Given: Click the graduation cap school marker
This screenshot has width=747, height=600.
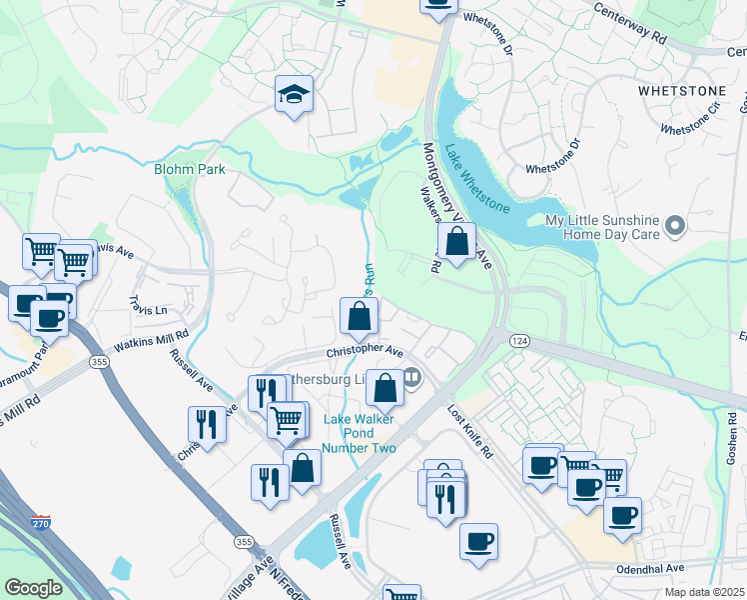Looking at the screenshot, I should point(294,94).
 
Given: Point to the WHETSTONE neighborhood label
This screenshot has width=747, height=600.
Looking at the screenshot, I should point(680,91).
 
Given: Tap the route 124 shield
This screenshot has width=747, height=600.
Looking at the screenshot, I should point(520,340).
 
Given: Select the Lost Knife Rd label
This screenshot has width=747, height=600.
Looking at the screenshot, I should point(469,432).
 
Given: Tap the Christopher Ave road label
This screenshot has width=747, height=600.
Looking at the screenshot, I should point(366,352).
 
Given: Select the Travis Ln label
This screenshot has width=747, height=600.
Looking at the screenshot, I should point(149,304).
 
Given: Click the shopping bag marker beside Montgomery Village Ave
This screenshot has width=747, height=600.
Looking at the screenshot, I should point(456,242).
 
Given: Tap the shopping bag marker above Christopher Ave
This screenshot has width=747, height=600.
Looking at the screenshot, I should point(359,317).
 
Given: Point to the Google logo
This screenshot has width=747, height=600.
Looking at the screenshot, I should point(33,588).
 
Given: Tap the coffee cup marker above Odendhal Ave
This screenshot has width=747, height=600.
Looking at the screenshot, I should point(478,541).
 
